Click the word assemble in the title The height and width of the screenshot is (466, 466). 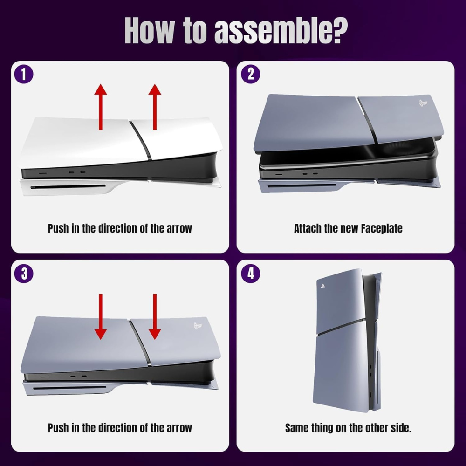281,31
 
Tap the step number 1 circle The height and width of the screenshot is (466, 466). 24,74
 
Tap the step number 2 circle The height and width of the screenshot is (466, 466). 251,74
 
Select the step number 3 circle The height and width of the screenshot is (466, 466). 24,274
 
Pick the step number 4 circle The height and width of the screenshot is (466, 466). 251,274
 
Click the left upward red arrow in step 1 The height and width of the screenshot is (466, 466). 101,107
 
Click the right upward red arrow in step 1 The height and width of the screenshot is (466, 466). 155,107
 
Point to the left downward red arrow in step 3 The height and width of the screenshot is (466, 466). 101,316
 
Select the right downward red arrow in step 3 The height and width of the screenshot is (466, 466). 155,316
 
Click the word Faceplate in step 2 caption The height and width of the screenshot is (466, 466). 382,228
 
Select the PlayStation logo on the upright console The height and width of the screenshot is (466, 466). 322,286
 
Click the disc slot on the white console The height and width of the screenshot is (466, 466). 68,187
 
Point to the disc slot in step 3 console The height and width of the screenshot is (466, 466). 69,388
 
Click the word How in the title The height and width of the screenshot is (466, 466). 149,31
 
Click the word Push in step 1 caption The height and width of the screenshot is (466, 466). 58,228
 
